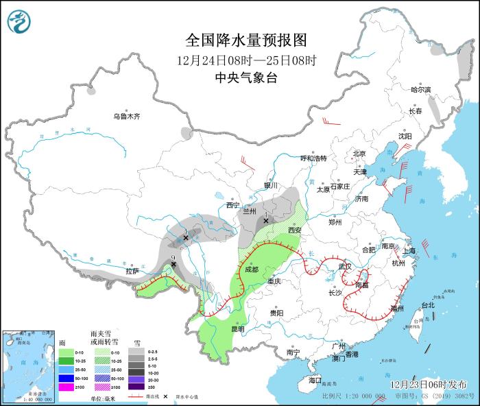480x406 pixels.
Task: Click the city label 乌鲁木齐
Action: coord(127,117)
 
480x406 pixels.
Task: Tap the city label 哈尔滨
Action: coord(420,90)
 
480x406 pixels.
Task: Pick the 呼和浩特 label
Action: coord(314,158)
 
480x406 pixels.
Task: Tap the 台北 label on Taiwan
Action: coord(427,304)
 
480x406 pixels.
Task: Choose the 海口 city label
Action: coord(315,379)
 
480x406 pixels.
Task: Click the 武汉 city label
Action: coord(344,266)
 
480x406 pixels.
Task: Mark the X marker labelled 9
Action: coord(173,264)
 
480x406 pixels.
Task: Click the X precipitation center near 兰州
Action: coord(266,221)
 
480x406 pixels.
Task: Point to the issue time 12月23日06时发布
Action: coord(428,384)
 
